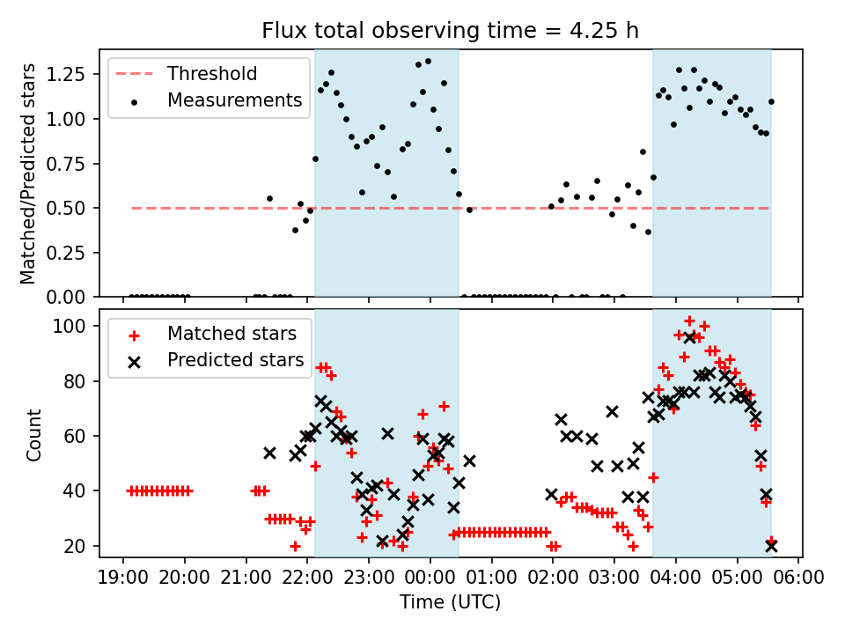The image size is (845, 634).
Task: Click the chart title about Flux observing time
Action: point(450,30)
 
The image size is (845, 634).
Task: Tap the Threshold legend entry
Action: point(212,73)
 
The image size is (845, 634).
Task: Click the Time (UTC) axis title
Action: point(450,604)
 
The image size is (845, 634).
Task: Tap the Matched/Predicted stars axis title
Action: point(28,173)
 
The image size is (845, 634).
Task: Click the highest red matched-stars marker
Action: point(689,321)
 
